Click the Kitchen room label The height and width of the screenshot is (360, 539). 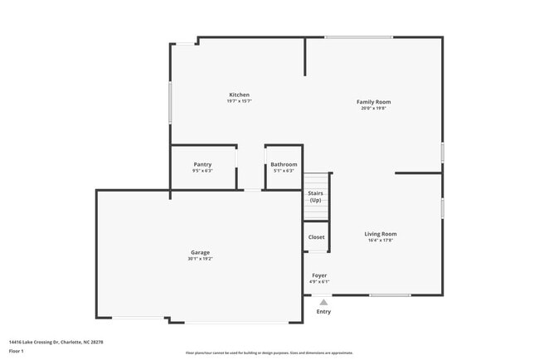239,95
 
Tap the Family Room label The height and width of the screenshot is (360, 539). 373,102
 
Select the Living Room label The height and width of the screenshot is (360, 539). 381,234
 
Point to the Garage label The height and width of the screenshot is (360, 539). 200,252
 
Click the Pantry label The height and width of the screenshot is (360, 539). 202,164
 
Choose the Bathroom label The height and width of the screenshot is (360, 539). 284,164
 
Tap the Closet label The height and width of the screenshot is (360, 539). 317,236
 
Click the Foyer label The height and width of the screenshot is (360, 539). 319,275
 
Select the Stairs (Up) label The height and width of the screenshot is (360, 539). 315,197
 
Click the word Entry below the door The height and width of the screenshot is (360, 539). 323,311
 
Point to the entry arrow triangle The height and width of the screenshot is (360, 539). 323,302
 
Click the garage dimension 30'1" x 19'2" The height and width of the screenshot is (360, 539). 200,259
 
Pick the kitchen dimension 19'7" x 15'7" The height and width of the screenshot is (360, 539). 239,101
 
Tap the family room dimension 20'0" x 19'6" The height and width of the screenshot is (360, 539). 373,109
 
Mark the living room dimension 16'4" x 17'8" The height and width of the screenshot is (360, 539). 381,241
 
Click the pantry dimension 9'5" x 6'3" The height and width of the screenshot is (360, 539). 202,171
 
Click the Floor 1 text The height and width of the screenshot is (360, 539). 17,351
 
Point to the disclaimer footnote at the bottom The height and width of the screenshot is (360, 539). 269,353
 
